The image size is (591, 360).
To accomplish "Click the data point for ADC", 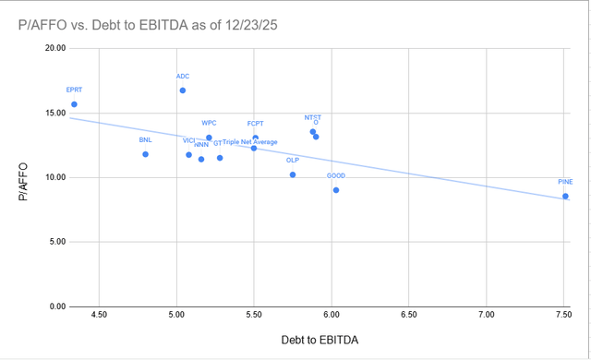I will tap(183, 90).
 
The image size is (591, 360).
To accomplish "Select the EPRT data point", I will tap(74, 104).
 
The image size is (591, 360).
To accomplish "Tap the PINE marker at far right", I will tap(565, 196).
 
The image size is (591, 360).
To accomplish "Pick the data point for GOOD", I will tap(336, 190).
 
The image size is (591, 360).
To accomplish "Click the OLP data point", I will tap(293, 174).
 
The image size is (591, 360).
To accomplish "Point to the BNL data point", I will tap(146, 154).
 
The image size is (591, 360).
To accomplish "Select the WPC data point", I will tap(209, 138).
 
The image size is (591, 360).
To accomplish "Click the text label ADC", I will tap(183, 76).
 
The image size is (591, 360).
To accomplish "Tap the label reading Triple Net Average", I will tap(250, 142).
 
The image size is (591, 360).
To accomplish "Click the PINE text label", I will tap(565, 182).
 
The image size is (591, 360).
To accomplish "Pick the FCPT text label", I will tap(256, 124).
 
